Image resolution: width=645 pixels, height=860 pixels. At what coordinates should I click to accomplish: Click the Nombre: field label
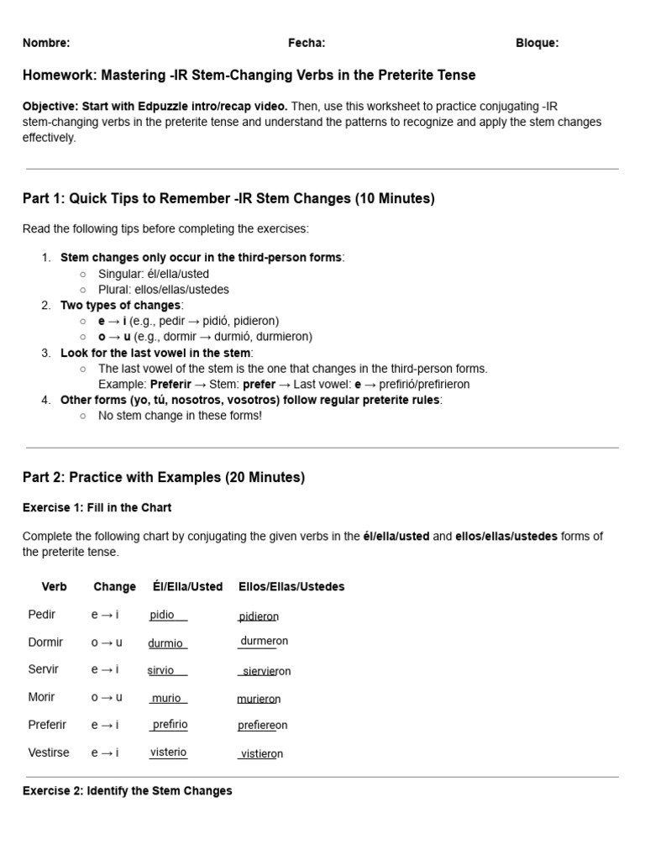coord(46,43)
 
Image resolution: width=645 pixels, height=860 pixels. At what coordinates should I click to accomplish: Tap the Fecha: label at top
coord(307,43)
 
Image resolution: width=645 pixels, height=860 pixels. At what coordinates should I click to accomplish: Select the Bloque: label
coord(537,43)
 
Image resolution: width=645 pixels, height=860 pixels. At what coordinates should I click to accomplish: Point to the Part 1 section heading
coord(228,199)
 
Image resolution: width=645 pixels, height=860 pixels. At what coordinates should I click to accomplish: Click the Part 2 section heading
coord(164,478)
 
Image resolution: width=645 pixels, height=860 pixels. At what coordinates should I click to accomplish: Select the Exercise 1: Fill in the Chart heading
coord(97,508)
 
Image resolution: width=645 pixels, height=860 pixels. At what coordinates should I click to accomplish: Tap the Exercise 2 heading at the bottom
coord(128,791)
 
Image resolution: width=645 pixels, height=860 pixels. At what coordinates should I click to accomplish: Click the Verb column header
coord(54,587)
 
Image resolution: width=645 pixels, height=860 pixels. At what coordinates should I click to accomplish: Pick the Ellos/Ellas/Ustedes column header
coord(291,587)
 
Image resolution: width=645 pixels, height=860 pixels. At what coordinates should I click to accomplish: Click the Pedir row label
coord(42,615)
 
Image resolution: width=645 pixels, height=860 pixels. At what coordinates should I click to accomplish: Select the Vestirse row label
coord(49,753)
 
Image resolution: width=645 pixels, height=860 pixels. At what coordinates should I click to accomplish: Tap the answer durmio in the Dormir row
coord(165,643)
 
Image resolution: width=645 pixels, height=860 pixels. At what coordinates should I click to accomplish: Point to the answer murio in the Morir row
coord(166,698)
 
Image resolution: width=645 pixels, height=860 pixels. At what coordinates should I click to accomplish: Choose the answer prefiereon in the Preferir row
coord(262,726)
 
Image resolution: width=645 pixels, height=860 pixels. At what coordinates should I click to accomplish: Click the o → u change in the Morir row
coord(107,697)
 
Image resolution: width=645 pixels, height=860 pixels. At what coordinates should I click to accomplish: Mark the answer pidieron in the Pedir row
coord(259,616)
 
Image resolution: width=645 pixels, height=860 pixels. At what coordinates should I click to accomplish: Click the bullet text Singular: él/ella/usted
coord(154,274)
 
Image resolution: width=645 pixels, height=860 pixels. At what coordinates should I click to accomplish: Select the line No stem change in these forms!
coord(180,416)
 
